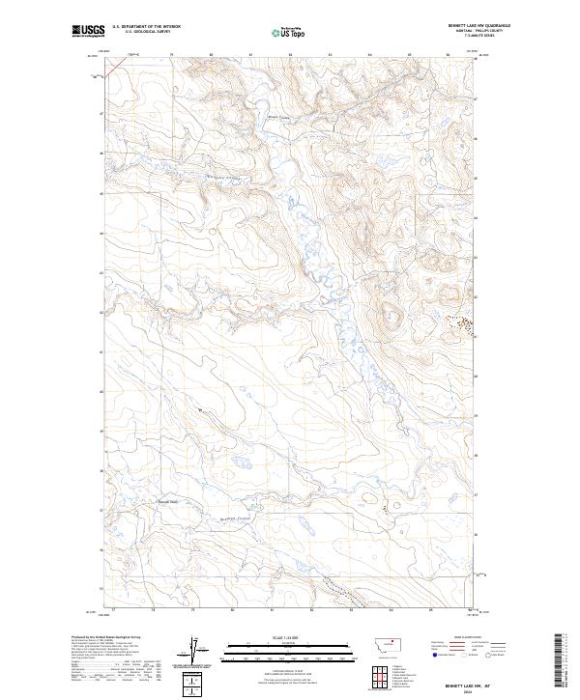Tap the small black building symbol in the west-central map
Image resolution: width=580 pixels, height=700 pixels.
(200, 410)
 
